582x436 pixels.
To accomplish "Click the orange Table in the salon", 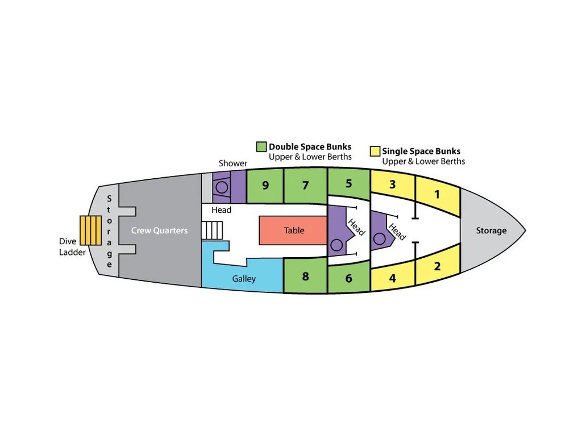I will coord(293,230).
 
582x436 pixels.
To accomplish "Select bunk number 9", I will coord(265,185).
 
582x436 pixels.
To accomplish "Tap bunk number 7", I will coord(305,185).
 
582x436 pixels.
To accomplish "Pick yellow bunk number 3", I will coord(393,185).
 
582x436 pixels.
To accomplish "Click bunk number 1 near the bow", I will coord(436,195).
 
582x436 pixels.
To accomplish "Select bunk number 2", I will coord(437,266).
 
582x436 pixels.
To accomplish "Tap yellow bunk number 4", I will coord(393,278).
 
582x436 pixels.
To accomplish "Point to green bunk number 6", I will coord(348,278).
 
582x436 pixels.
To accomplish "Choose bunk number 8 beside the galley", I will coord(305,276).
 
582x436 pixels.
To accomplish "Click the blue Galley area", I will coord(244,279).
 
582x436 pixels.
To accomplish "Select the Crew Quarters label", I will coord(159,230).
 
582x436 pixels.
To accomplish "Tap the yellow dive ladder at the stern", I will coord(90,230).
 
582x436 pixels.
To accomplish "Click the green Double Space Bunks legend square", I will coord(262,146).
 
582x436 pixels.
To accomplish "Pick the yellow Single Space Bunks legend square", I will coord(375,151).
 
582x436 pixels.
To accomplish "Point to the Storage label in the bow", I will coord(491,230).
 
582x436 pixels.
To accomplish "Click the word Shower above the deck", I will coord(233,163).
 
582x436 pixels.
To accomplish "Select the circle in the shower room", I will coord(222,187).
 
